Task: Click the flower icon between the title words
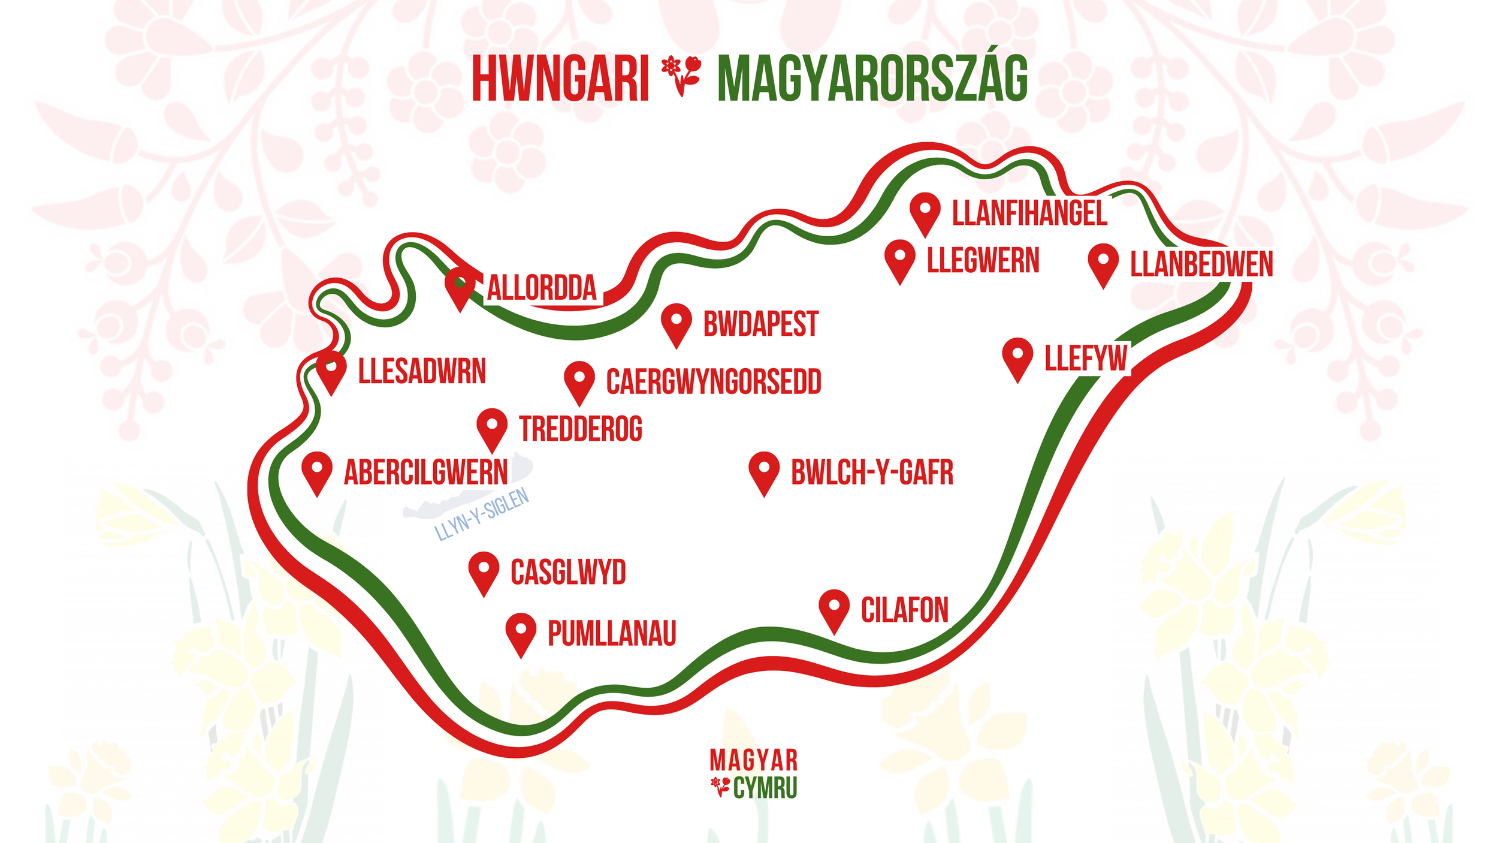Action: (682, 75)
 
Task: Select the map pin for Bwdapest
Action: (676, 322)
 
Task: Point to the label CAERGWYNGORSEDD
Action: (713, 382)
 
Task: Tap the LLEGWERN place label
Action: (983, 261)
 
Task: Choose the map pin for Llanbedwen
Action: (1103, 263)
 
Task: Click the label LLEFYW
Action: (1086, 359)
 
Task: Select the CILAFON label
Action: (904, 610)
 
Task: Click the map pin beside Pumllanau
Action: (521, 632)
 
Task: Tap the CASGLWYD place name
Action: (568, 572)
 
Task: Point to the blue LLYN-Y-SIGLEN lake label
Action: (482, 514)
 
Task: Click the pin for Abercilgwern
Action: (317, 471)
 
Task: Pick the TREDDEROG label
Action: (581, 429)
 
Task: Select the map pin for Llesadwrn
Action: (331, 370)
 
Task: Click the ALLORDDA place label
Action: (542, 288)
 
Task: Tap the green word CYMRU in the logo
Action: (765, 788)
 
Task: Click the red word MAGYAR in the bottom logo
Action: (753, 761)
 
